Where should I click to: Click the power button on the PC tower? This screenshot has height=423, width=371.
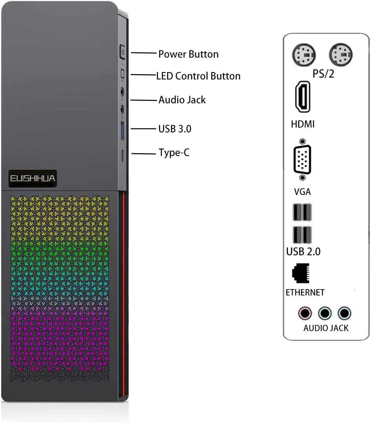[123, 53]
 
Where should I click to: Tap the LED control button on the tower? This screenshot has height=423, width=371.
[123, 74]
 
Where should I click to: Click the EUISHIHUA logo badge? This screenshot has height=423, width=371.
[33, 178]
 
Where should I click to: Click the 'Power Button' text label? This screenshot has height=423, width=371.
[188, 54]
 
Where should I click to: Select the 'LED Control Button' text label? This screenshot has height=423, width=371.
[198, 76]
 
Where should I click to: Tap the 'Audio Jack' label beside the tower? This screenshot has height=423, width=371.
[182, 100]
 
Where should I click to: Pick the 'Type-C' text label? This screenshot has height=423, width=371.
[174, 153]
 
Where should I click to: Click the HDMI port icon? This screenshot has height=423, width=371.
[303, 96]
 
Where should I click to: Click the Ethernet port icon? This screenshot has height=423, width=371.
[301, 273]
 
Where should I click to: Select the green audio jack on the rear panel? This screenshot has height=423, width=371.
[324, 313]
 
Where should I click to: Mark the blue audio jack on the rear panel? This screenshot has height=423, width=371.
[344, 313]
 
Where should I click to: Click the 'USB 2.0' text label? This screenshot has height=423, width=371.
[303, 252]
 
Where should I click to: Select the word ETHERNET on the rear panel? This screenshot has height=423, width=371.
[305, 292]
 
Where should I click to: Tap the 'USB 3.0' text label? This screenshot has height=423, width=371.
[175, 129]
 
